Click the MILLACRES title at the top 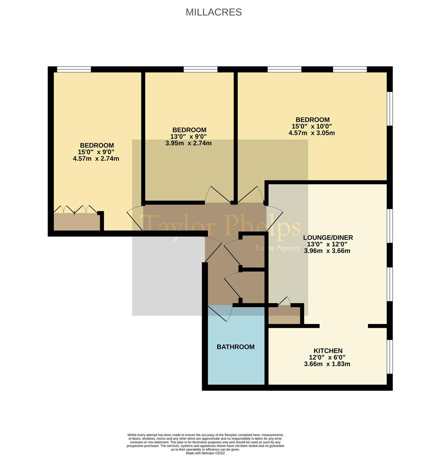213,12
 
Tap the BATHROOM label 235,347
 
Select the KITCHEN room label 328,351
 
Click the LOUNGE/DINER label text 328,238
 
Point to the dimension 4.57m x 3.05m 312,133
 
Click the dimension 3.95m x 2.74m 189,143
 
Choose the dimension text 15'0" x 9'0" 96,152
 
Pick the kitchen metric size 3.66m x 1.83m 327,364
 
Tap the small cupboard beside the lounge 284,316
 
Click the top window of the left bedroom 74,70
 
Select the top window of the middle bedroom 201,70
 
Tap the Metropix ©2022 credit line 205,453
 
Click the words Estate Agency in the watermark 277,248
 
